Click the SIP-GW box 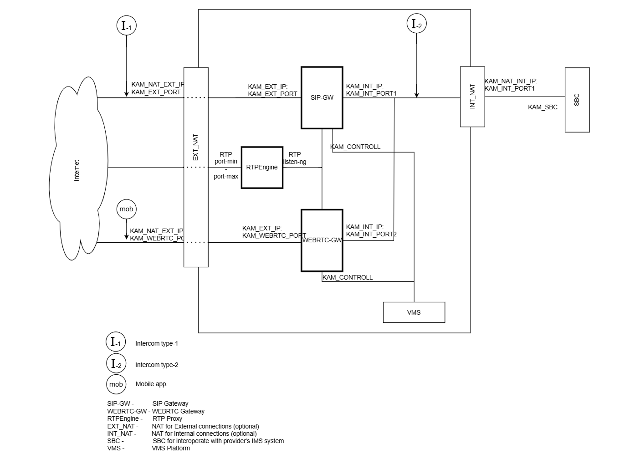322,98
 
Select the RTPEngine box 262,168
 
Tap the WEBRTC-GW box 322,240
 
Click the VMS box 414,312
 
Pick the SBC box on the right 577,100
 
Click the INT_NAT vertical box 472,97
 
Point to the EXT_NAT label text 196,147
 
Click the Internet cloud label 77,170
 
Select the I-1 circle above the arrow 127,26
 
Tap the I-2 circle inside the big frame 416,24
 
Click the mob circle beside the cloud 126,209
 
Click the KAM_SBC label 542,107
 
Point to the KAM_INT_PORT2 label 371,235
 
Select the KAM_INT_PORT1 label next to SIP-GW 371,94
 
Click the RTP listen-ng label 295,158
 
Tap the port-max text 226,177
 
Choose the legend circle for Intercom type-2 116,364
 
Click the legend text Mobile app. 151,384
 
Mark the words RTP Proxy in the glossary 167,418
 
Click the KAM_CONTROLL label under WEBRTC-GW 348,277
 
